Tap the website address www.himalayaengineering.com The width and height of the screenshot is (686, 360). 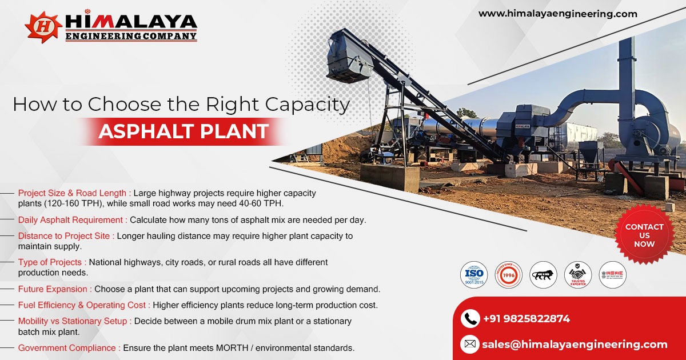557,14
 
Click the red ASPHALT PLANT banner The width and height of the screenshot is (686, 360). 183,131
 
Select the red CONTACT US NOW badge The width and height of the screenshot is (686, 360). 644,235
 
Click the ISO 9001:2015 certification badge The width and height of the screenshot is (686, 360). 474,275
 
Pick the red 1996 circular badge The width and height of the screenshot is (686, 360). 508,275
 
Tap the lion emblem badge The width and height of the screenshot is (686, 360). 543,275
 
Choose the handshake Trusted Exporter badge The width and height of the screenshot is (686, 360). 578,275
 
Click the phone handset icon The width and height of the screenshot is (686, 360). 470,318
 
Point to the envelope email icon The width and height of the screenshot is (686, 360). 470,344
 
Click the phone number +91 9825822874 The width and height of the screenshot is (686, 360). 526,319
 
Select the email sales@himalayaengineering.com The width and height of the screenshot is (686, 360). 575,344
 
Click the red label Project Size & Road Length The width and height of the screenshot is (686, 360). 74,193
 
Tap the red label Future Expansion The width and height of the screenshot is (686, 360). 55,289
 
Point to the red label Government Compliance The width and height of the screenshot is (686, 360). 69,347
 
